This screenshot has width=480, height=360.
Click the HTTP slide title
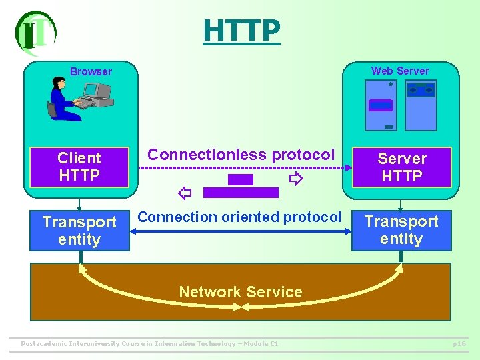click(241, 30)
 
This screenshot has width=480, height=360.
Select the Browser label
click(91, 71)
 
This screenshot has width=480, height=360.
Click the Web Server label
click(400, 71)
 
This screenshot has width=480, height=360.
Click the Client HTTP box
click(79, 167)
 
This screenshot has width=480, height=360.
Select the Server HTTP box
click(401, 167)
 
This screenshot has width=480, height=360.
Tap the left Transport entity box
click(79, 231)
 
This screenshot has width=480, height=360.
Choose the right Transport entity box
click(401, 230)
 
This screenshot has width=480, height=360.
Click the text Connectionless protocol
click(241, 155)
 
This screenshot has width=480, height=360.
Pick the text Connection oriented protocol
click(239, 217)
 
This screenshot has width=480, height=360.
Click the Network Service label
click(240, 292)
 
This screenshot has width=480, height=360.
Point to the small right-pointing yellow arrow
click(295, 179)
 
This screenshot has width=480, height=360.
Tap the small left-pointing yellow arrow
click(185, 193)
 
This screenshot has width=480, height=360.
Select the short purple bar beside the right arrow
click(241, 179)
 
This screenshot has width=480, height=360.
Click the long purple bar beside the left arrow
click(241, 193)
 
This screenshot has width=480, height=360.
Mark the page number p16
click(459, 344)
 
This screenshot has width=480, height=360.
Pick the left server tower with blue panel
click(381, 105)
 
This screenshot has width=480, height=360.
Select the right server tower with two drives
click(421, 105)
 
